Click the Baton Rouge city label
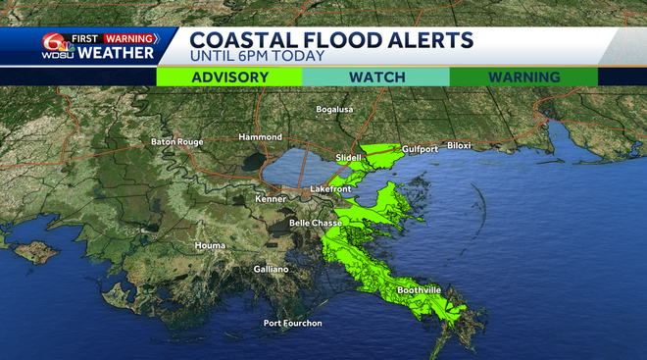point(176,142)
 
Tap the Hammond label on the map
point(260,137)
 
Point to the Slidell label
point(348,157)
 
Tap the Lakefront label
point(329,187)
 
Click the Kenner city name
point(270,199)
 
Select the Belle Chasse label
point(315,224)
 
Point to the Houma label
point(211,244)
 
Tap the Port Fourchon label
point(292,324)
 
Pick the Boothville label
point(423,290)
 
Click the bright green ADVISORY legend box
point(229,77)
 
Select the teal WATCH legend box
point(375,77)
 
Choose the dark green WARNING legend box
point(523,77)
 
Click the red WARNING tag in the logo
point(129,39)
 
